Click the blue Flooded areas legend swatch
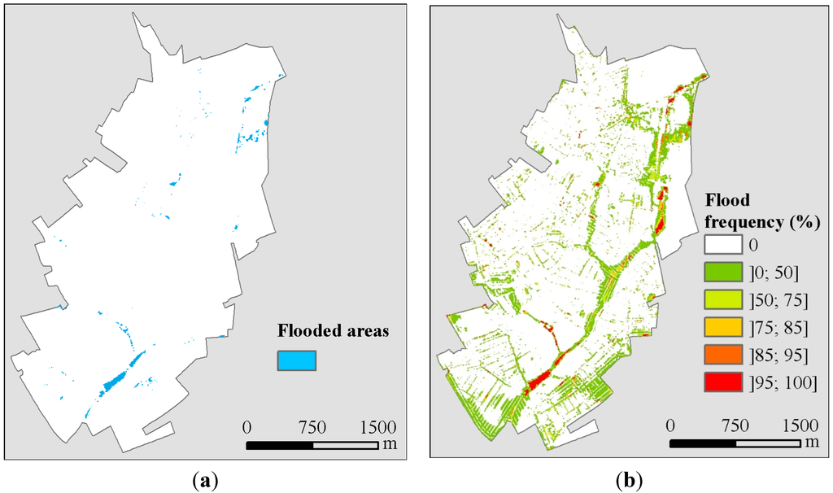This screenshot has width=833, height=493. (x=297, y=359)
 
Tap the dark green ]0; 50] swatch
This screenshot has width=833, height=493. (x=723, y=272)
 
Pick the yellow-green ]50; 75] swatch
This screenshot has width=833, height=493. (x=723, y=299)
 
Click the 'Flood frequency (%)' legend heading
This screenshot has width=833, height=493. (x=760, y=211)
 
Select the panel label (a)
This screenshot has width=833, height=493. (x=205, y=480)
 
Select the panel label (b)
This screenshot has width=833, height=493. (x=628, y=480)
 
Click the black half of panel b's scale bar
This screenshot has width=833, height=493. (x=703, y=444)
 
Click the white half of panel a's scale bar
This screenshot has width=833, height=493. (x=347, y=445)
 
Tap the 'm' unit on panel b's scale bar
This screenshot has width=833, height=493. (x=813, y=443)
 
